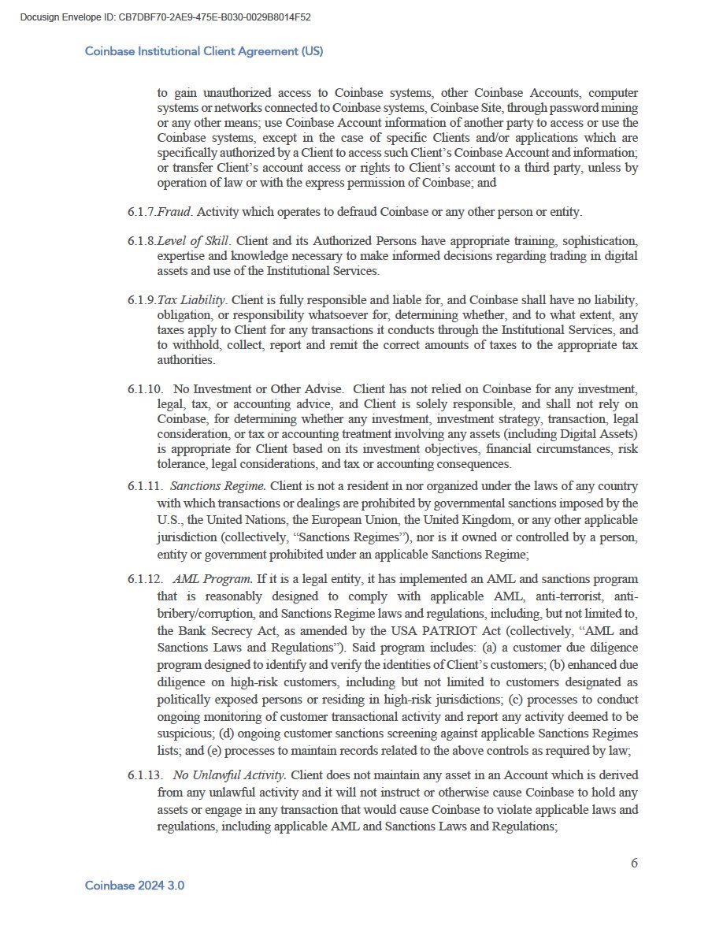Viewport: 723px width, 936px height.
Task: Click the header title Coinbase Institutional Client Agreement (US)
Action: (x=204, y=51)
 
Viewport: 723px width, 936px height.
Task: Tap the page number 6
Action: (x=634, y=863)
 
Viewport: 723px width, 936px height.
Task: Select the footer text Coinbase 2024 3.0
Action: (x=135, y=886)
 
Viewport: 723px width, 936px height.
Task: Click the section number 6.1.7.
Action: (x=141, y=212)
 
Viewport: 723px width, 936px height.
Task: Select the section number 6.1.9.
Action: (x=141, y=300)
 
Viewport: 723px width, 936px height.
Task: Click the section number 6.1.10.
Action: (x=144, y=389)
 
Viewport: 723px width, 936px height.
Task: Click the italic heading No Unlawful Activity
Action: (x=230, y=775)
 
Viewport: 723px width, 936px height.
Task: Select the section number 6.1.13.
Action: (x=144, y=775)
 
